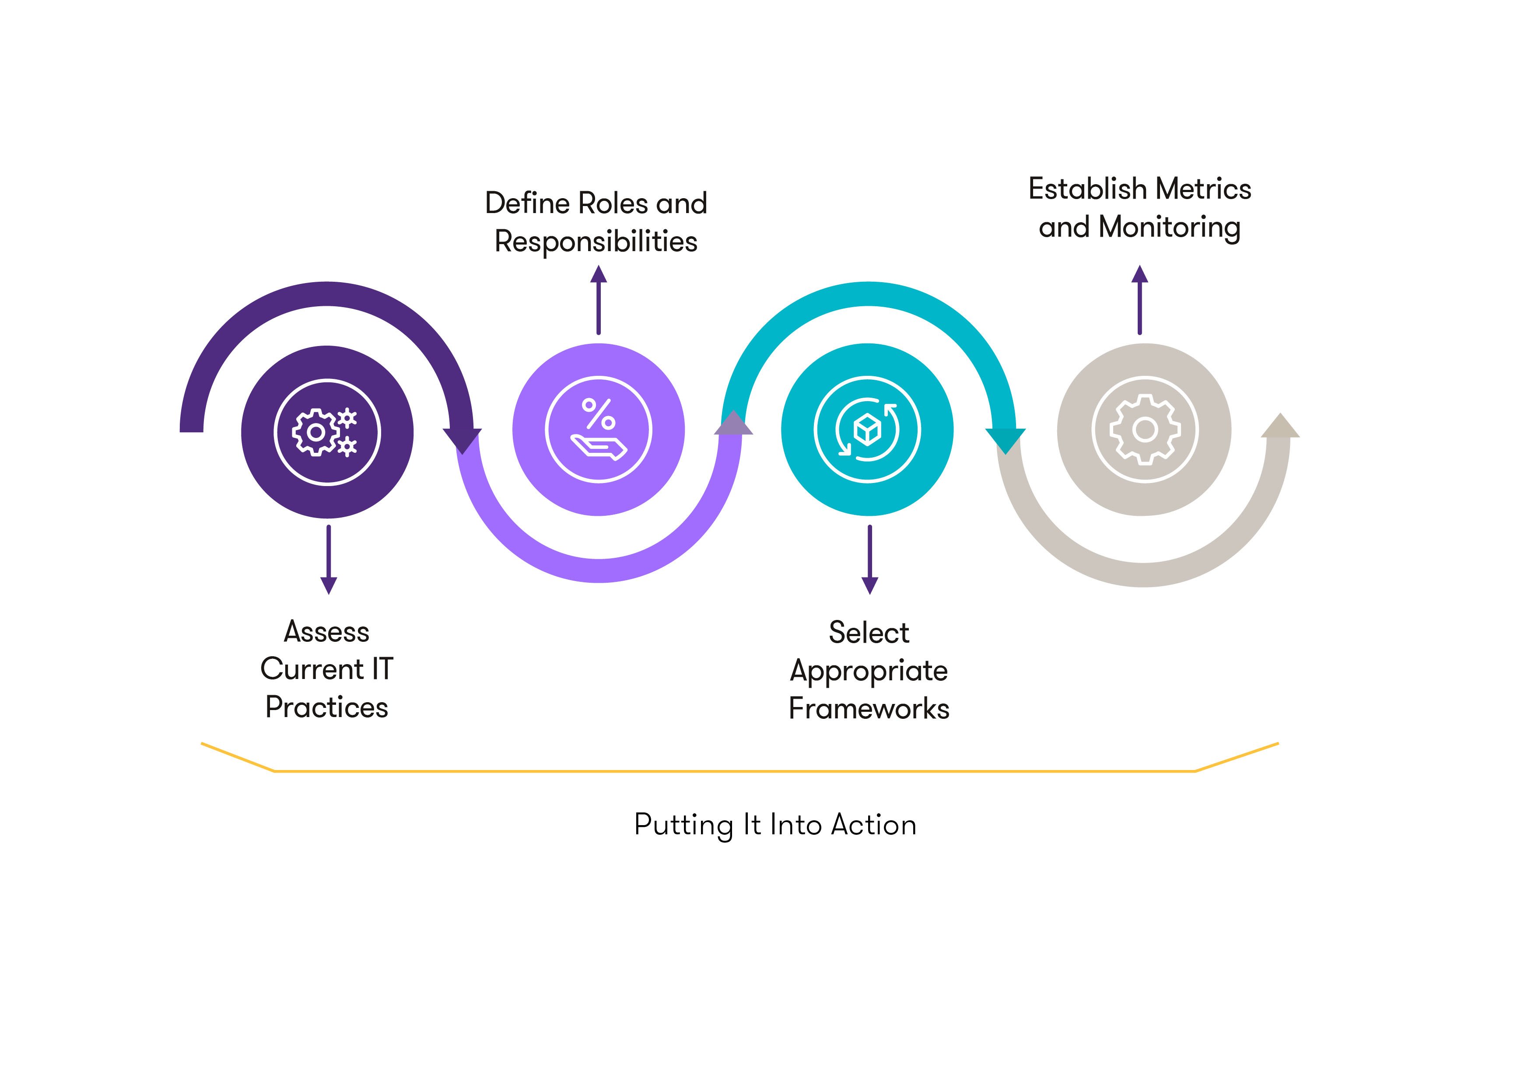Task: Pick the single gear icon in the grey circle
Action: coord(1145,429)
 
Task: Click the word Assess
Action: coord(326,631)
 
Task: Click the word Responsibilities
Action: coord(596,241)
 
